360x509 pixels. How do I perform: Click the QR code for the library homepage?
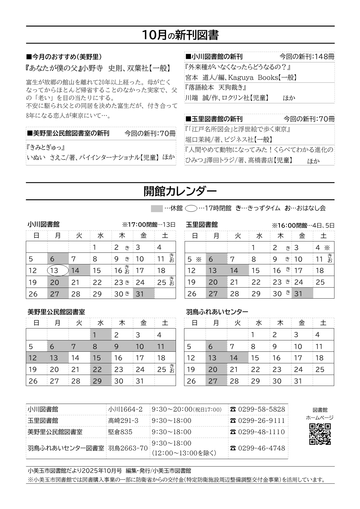coord(320,434)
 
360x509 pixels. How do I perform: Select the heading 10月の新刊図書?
coord(180,35)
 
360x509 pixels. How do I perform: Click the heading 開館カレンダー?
coord(180,192)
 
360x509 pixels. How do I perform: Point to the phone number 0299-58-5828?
coord(261,409)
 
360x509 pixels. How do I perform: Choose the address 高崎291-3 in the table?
coord(123,420)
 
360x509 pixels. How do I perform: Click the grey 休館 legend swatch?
coord(157,208)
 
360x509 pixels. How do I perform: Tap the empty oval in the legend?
coord(191,208)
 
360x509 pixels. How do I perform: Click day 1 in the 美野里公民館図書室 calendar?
coord(94,335)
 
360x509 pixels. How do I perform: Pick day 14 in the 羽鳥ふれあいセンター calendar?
coord(234,358)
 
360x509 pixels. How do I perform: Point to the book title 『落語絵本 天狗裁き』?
coord(216,87)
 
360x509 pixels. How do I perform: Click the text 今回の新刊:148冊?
coord(307,57)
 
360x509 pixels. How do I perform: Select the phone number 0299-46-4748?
coord(261,448)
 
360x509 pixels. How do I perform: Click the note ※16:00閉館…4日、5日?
coord(303,225)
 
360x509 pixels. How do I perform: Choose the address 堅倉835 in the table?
coord(120,432)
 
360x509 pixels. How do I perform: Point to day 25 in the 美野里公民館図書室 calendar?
coord(162,370)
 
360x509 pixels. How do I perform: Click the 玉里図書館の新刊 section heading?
coord(214,119)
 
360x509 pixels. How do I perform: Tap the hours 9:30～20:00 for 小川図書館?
coord(172,409)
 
